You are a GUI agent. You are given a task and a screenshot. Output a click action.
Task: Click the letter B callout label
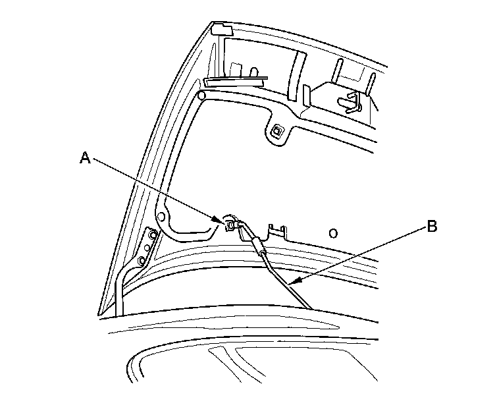point(431,227)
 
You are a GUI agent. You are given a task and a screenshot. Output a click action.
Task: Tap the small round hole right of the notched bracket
point(333,233)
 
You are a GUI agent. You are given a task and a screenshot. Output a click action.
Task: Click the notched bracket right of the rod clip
point(278,232)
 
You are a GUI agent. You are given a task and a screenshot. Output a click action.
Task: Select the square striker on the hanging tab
point(278,130)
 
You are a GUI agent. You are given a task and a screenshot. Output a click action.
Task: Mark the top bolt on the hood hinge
point(153,235)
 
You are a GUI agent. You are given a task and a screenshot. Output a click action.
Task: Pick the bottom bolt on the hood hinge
point(142,261)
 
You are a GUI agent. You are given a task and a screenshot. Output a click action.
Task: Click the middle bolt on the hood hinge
point(147,248)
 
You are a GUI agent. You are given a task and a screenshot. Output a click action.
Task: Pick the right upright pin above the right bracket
point(372,82)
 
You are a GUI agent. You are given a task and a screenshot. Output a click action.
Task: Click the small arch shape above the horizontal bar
point(253,70)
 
